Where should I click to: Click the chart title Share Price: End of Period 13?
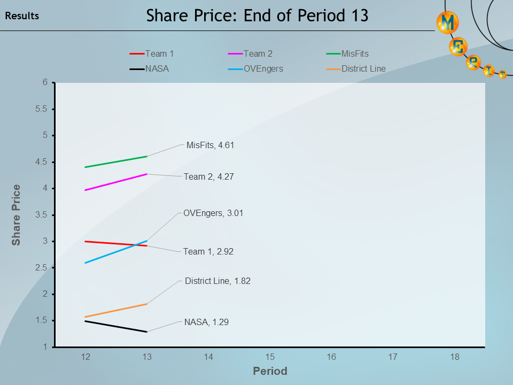(x=257, y=16)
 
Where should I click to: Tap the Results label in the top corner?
(x=22, y=16)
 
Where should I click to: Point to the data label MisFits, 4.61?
(x=210, y=145)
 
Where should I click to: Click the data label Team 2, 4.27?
(x=208, y=176)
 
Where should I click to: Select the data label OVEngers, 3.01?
(x=213, y=213)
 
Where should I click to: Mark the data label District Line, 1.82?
(x=217, y=281)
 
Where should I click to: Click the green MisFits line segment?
(x=116, y=162)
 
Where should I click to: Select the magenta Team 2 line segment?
(x=116, y=182)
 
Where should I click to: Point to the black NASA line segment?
(x=116, y=326)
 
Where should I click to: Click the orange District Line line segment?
(x=116, y=311)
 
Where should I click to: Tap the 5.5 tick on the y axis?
(x=41, y=109)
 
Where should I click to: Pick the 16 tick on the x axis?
(x=331, y=357)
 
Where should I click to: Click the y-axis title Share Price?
(x=17, y=215)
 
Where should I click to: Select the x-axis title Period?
(x=270, y=371)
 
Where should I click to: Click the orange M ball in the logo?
(x=448, y=22)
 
